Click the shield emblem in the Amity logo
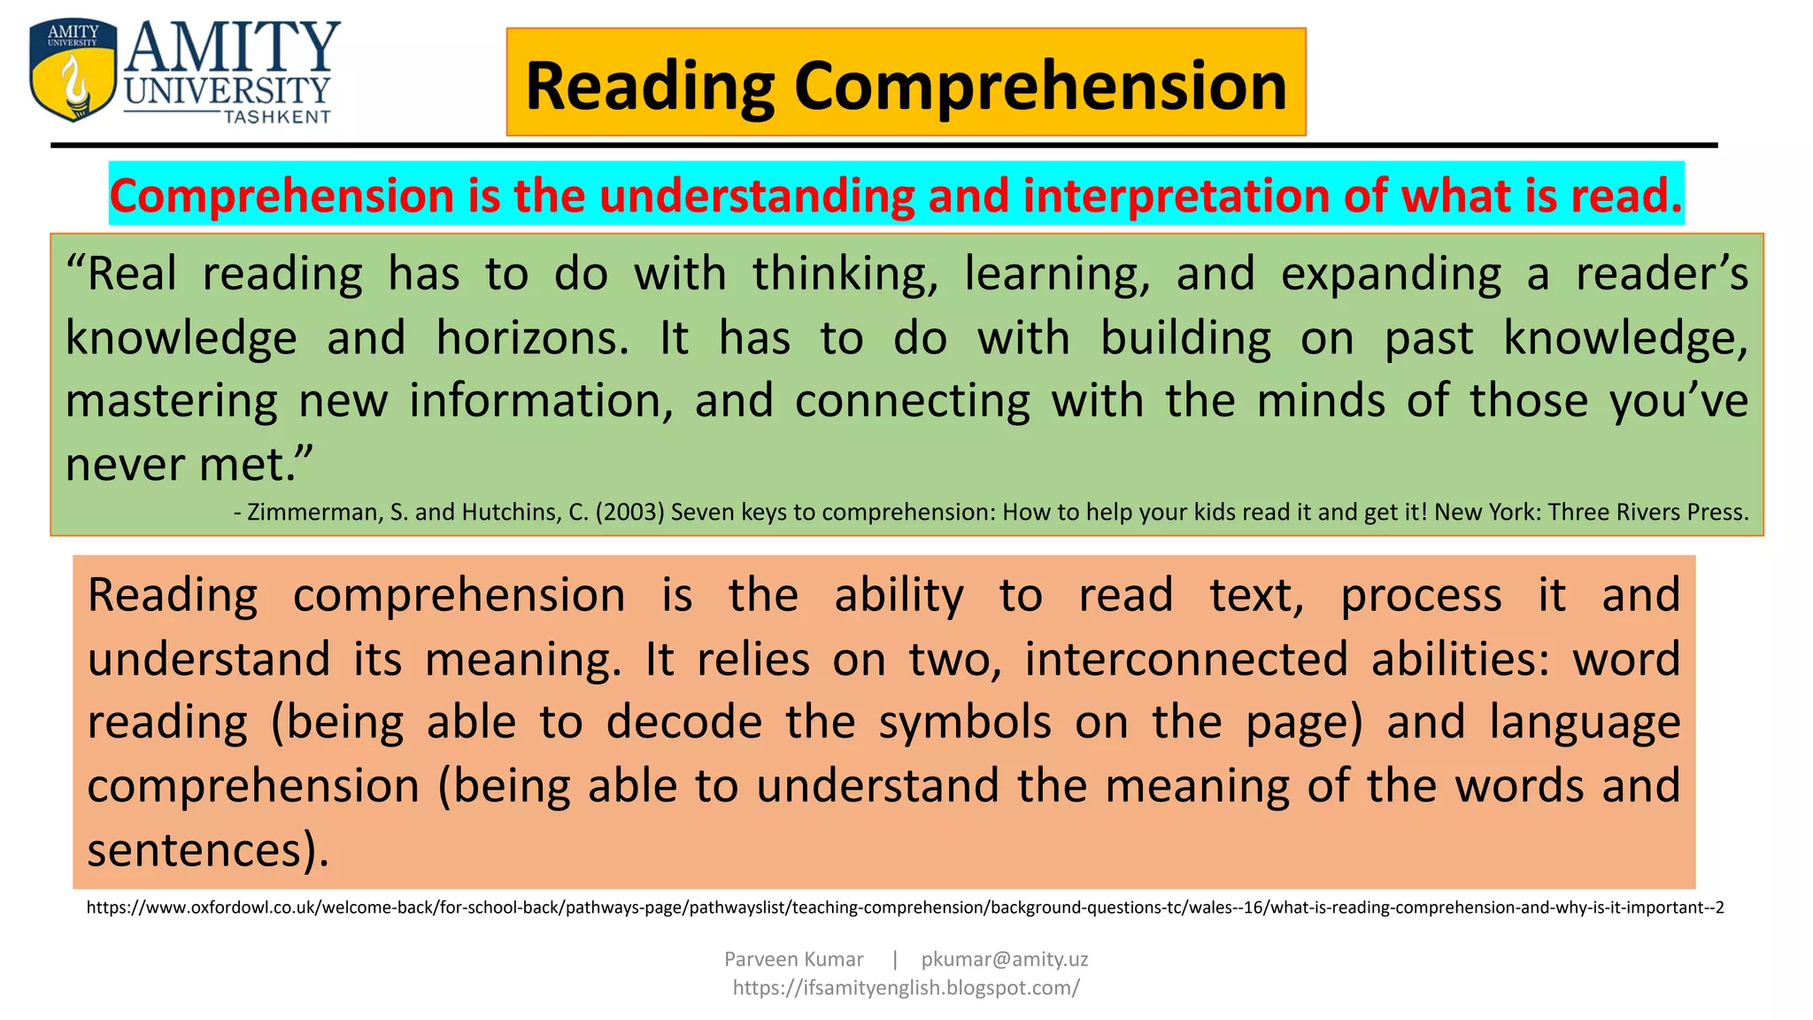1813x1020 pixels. (73, 71)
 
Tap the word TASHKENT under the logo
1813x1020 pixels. (277, 117)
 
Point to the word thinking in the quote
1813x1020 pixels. (845, 274)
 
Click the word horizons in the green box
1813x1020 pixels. (532, 337)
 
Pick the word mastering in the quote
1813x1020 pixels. (172, 401)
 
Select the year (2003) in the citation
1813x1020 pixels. (629, 512)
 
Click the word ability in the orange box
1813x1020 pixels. (899, 595)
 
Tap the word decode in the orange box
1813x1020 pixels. (683, 722)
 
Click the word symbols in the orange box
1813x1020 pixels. (965, 722)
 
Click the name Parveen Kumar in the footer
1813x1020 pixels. (793, 959)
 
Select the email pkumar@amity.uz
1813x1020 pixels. (1005, 959)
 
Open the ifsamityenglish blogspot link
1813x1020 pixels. (906, 987)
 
